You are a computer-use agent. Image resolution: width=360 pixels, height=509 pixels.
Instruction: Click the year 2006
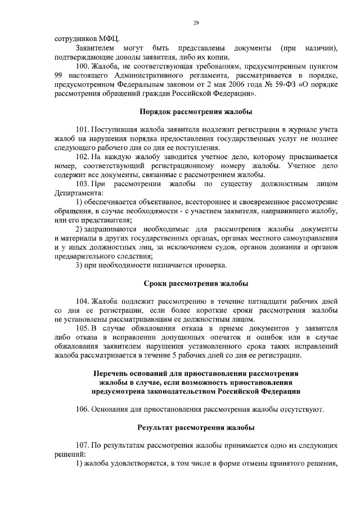(x=228, y=85)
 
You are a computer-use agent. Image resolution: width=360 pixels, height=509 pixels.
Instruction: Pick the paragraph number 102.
(x=83, y=156)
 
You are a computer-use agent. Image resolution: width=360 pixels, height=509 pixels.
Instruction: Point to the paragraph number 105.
(x=83, y=328)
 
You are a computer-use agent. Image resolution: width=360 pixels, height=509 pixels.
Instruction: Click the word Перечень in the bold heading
(x=113, y=373)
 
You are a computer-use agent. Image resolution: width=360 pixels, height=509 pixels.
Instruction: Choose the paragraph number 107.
(x=83, y=445)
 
